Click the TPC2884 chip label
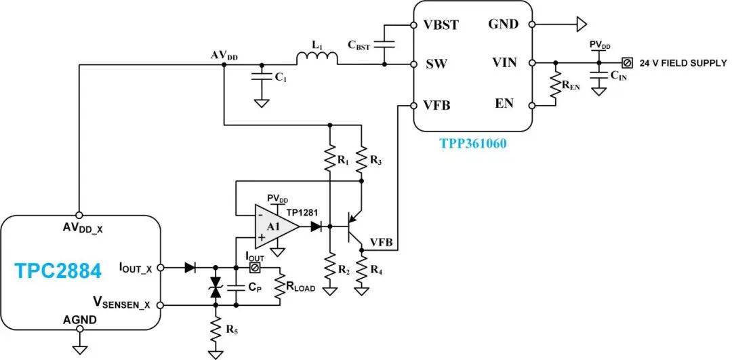pyautogui.click(x=58, y=271)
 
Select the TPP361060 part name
pyautogui.click(x=472, y=144)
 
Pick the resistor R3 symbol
pyautogui.click(x=361, y=161)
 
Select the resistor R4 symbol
pyautogui.click(x=361, y=272)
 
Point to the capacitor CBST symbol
pyautogui.click(x=384, y=43)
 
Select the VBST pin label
pyautogui.click(x=441, y=25)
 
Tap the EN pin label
pyautogui.click(x=504, y=104)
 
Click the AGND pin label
pyautogui.click(x=80, y=319)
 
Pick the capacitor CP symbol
pyautogui.click(x=235, y=287)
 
